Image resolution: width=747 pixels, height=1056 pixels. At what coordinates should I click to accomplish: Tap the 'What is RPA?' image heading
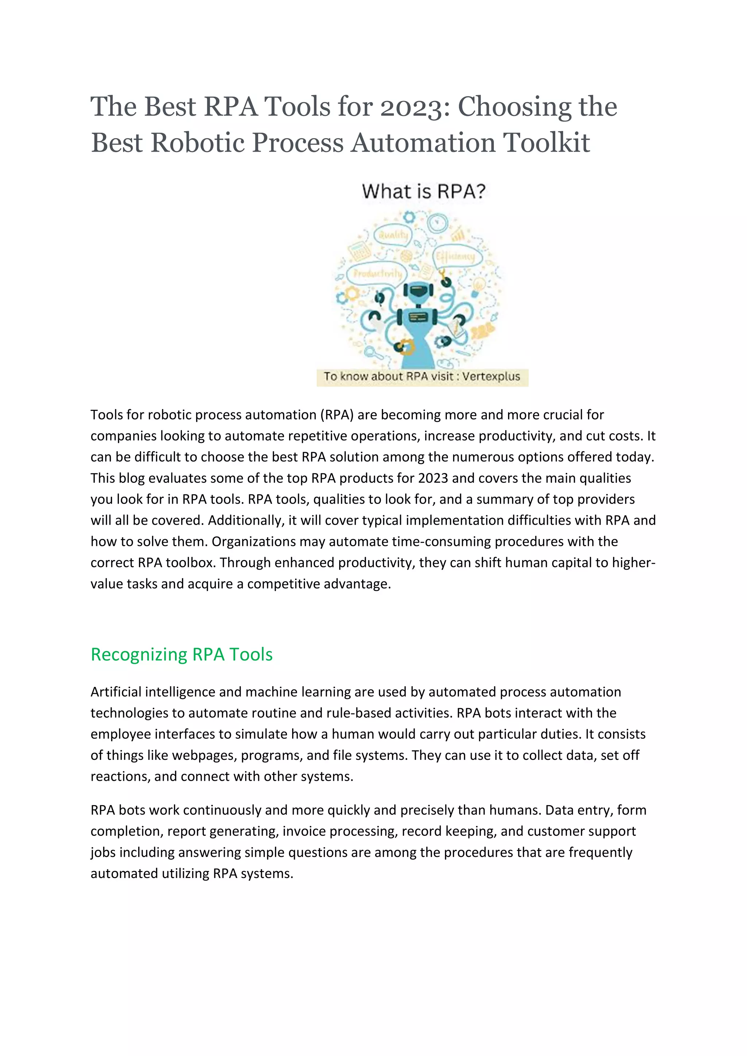pyautogui.click(x=423, y=191)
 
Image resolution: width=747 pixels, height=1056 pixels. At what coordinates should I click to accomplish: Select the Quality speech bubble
pyautogui.click(x=393, y=235)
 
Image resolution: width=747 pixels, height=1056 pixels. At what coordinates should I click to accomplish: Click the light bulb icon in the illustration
pyautogui.click(x=479, y=285)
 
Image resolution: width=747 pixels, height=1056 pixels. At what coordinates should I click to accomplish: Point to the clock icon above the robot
pyautogui.click(x=437, y=223)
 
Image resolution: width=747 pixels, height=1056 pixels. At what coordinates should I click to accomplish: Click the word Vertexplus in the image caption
pyautogui.click(x=491, y=377)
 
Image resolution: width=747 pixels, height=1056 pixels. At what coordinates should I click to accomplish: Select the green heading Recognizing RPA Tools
pyautogui.click(x=182, y=655)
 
